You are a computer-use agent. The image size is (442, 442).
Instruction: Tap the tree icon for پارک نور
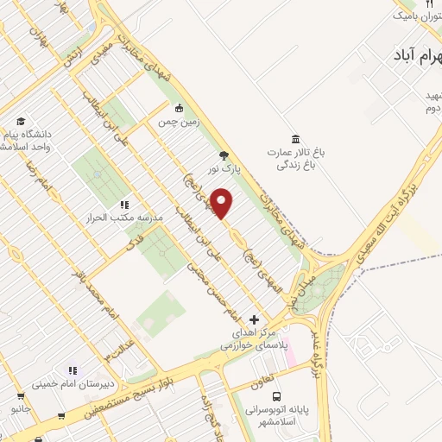click(224, 156)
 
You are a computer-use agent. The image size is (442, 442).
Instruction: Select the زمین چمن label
click(179, 123)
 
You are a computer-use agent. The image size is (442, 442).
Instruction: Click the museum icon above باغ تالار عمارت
click(296, 140)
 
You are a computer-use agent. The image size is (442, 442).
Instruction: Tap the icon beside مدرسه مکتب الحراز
click(124, 205)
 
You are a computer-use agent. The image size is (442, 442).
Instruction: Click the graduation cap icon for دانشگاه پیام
click(21, 122)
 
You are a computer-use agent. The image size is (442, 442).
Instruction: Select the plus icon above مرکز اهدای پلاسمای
click(254, 319)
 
